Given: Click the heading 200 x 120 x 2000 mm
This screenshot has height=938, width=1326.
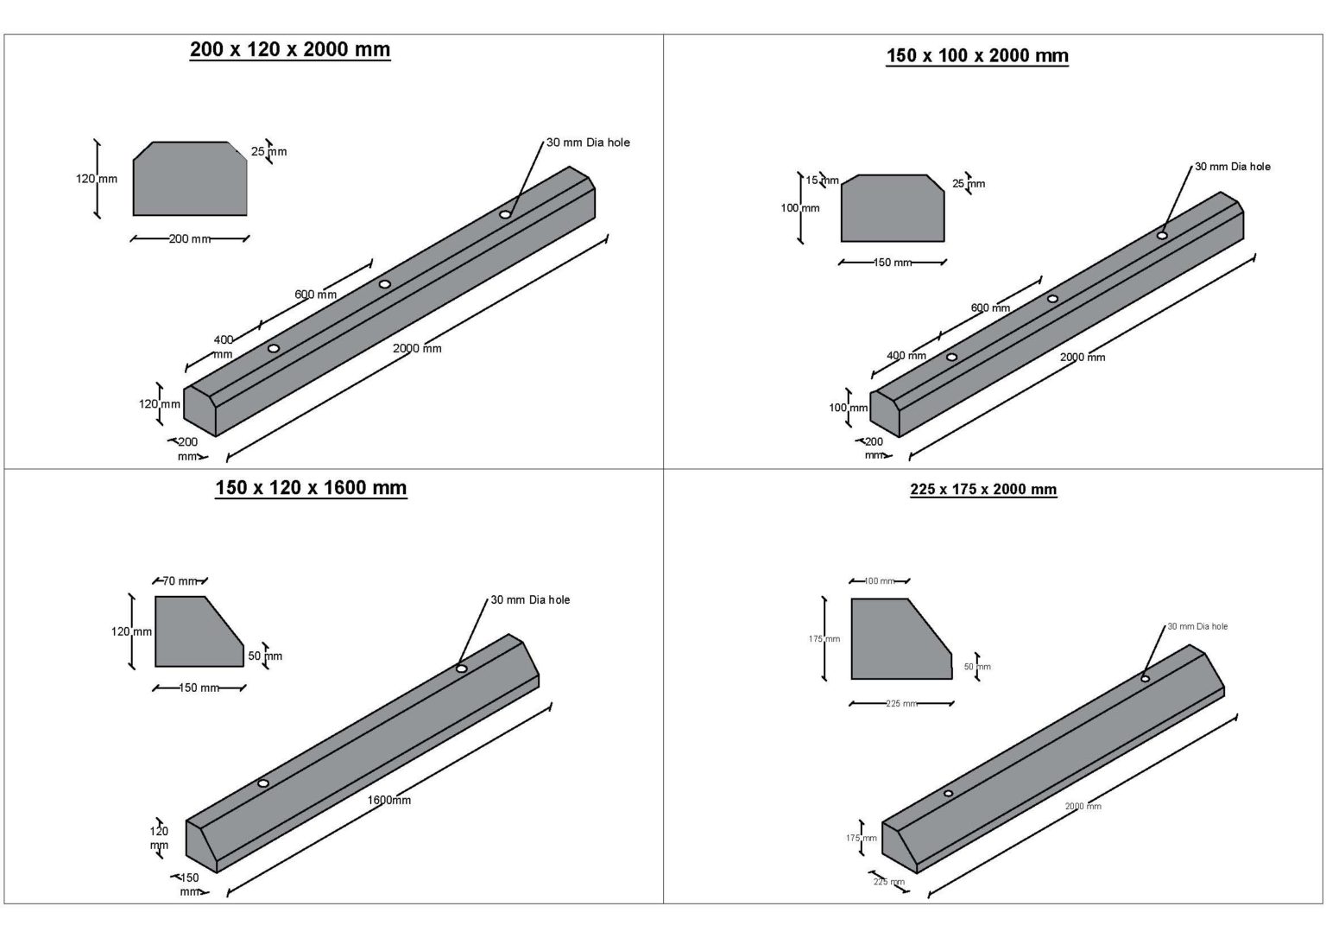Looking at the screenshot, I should tap(289, 50).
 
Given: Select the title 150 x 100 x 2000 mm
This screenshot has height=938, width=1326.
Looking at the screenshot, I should tap(976, 56).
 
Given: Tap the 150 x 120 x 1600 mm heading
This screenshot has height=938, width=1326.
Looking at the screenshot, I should tap(311, 488).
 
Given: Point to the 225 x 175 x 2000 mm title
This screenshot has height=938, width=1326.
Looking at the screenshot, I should tap(982, 490).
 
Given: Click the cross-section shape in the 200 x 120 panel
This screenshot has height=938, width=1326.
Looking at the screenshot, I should tap(190, 180).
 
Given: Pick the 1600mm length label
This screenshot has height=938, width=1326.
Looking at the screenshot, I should tap(389, 800).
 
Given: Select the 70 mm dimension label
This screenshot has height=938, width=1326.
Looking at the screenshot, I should tap(180, 581).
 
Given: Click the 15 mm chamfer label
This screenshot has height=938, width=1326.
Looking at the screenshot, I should tap(822, 181).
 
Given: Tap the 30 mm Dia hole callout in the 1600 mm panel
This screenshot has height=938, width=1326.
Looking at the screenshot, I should tap(530, 599).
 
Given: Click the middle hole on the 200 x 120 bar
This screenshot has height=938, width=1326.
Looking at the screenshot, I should tap(385, 284).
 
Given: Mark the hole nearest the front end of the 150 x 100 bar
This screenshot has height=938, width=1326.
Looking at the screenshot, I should tap(951, 357).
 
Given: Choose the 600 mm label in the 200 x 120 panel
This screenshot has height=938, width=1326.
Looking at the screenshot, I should tap(315, 295).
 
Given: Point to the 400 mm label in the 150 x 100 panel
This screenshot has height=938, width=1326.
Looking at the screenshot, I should tap(906, 356).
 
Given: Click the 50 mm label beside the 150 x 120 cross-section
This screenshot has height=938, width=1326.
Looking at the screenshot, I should tap(265, 656).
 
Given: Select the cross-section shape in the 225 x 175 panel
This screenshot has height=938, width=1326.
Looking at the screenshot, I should tap(898, 640).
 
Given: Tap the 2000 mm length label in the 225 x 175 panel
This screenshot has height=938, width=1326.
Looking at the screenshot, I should tap(1083, 806).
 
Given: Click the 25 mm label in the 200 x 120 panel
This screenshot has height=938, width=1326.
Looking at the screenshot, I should tap(268, 152).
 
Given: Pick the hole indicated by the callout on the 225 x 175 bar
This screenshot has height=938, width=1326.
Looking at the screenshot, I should tap(1145, 679).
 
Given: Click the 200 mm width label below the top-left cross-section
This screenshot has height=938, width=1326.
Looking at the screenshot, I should tap(189, 239).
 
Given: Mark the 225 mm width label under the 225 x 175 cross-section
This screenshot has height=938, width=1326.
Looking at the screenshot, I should tap(900, 704).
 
